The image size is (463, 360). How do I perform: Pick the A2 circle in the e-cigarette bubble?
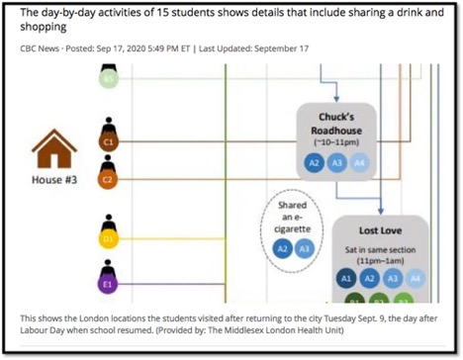coord(282,248)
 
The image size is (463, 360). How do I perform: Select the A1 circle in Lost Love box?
coord(346,279)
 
